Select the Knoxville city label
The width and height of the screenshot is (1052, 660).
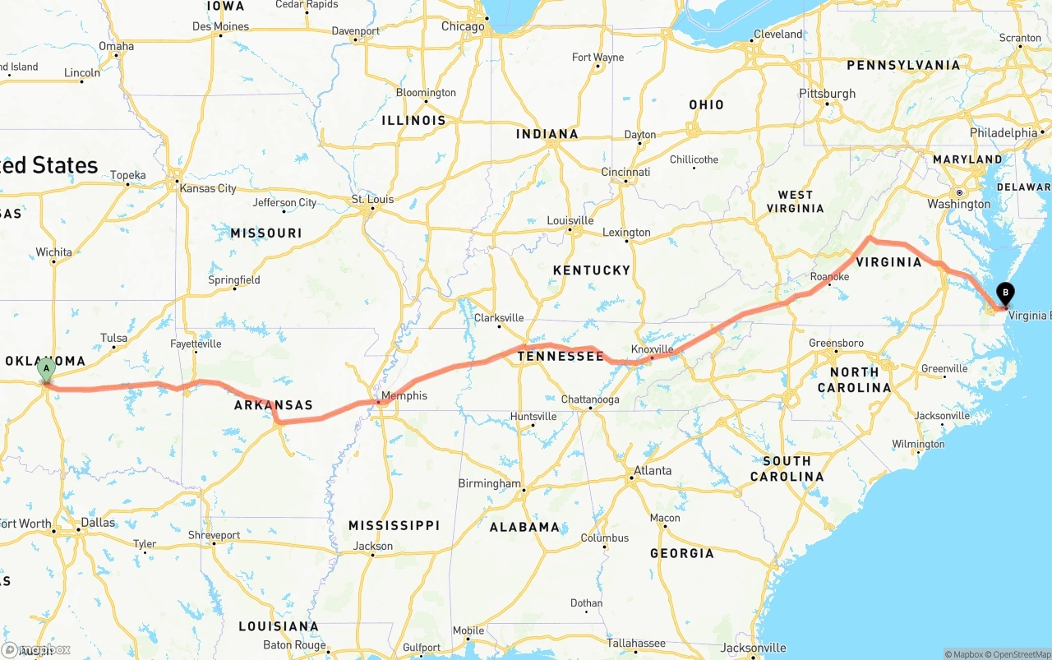click(653, 349)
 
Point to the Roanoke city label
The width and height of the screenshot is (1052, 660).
click(829, 277)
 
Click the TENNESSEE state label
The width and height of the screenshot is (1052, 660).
click(561, 356)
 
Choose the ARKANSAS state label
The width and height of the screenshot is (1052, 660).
click(274, 405)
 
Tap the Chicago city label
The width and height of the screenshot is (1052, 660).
click(463, 26)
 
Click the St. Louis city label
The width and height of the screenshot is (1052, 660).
click(372, 199)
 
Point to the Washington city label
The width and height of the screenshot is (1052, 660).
click(959, 204)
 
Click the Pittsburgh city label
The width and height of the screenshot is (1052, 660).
click(828, 94)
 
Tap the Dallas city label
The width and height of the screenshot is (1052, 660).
click(99, 522)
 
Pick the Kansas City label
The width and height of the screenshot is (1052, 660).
click(208, 188)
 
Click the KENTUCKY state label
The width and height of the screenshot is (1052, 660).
click(592, 270)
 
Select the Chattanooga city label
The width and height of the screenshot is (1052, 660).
click(589, 399)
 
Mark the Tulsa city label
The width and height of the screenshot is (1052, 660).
click(114, 338)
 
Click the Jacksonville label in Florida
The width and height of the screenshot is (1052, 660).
click(752, 648)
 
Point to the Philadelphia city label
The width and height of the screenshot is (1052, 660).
click(1004, 132)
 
